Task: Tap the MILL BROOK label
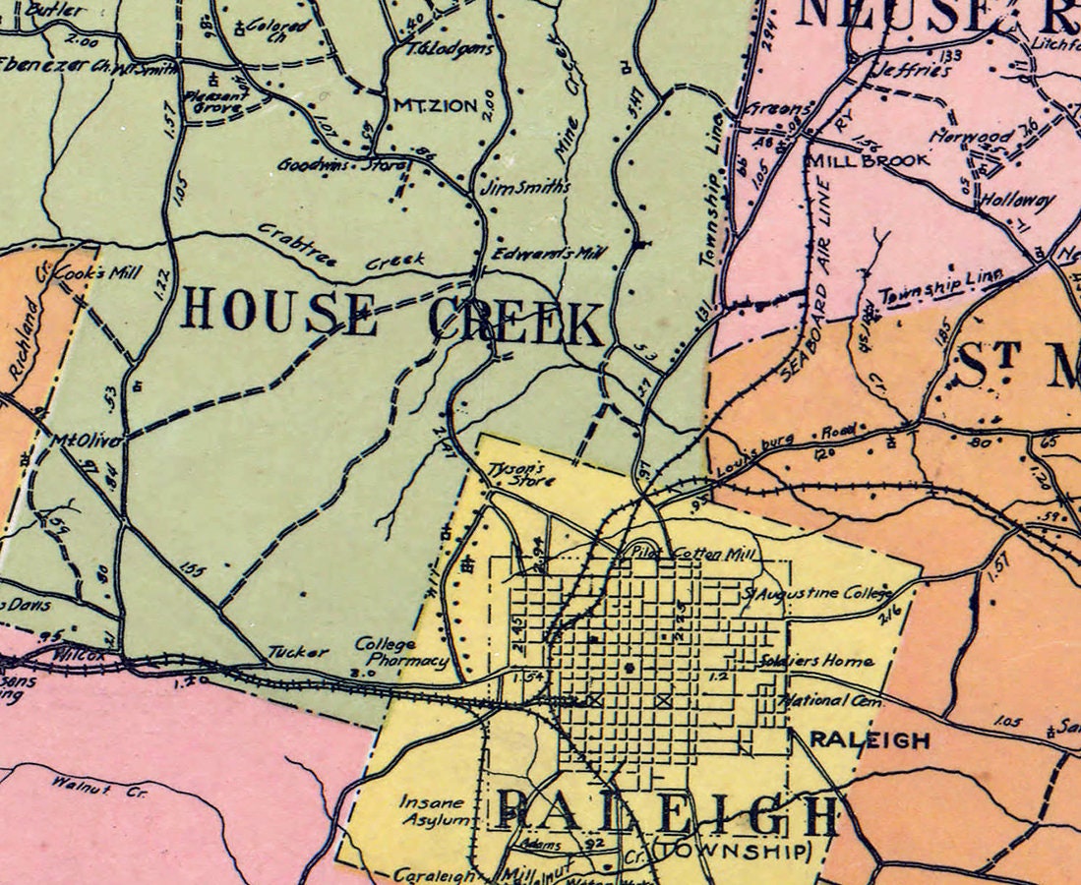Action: tap(867, 159)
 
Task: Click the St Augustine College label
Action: tap(816, 594)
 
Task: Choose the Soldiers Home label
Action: tap(815, 661)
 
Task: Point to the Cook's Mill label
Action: tap(97, 272)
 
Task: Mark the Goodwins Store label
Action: tap(328, 163)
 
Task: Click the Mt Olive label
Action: tap(86, 442)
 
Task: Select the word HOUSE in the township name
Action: tap(278, 314)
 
